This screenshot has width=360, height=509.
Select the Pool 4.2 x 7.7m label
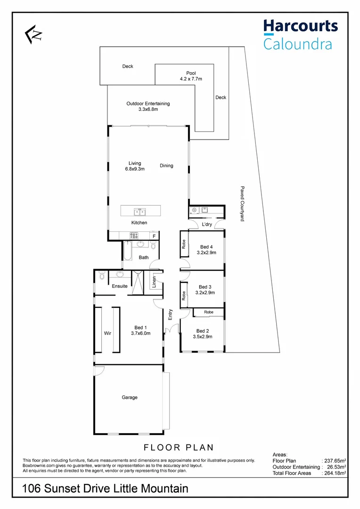coord(191,76)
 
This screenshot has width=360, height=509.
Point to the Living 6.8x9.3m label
coord(135,165)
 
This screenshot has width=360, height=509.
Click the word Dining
coord(166,165)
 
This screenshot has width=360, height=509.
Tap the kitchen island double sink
coord(139,212)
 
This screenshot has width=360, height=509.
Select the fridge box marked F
coord(154,236)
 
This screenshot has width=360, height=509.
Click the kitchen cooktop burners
coord(134,236)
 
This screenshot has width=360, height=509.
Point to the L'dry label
coord(207,225)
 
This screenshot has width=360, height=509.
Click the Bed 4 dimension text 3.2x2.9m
coord(206,253)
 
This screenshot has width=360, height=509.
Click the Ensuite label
coord(120,286)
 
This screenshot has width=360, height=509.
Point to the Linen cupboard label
coord(154,282)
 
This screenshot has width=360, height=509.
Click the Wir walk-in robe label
coord(107,333)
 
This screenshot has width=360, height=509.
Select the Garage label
coord(130,397)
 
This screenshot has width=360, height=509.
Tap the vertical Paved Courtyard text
coord(242,203)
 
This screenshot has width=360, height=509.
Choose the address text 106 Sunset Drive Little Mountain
coord(106,489)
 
